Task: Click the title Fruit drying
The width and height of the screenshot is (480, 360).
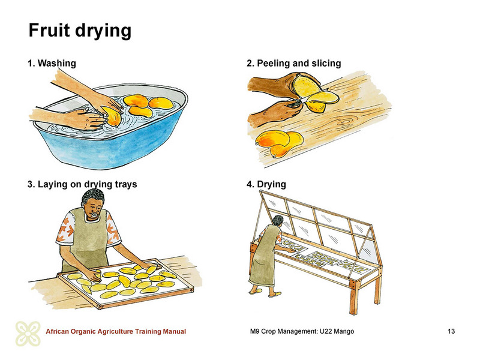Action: [x=80, y=31]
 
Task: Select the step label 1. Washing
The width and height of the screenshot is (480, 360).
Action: [x=52, y=63]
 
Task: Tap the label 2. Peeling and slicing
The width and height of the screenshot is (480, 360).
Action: [x=294, y=63]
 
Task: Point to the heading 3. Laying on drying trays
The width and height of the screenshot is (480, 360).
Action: [x=82, y=184]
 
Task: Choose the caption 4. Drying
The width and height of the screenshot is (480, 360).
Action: [x=266, y=184]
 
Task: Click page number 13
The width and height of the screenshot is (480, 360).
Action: [x=451, y=331]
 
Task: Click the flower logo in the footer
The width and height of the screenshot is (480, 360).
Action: [x=28, y=334]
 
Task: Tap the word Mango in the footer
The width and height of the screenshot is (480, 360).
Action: [x=344, y=331]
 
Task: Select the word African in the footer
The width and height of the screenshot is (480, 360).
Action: [x=57, y=331]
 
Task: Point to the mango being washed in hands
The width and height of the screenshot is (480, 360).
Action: [x=111, y=116]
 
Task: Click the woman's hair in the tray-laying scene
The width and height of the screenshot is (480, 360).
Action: [x=93, y=197]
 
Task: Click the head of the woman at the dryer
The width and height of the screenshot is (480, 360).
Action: [x=278, y=221]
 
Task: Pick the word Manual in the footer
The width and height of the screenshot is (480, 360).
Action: [x=175, y=331]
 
